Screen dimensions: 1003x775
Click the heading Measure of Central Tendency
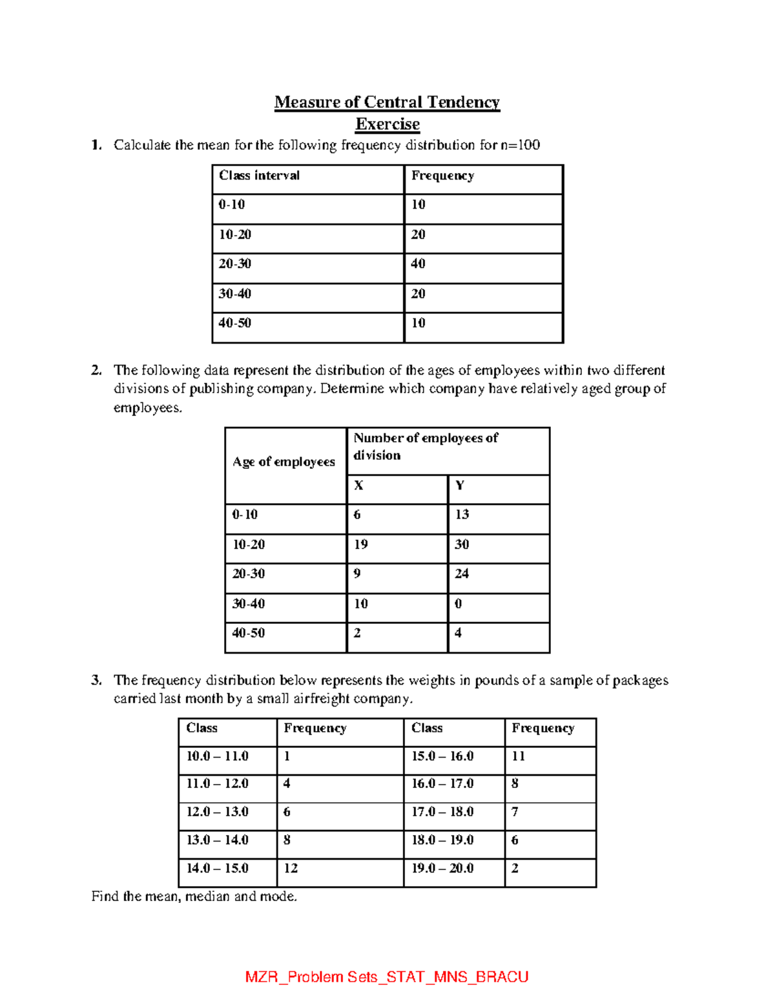387,102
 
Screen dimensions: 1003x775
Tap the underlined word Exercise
387,124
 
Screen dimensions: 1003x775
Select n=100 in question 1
520,145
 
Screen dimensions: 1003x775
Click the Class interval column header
259,176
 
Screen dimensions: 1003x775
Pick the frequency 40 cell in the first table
418,264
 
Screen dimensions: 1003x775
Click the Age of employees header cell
284,462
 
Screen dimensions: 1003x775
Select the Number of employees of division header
426,446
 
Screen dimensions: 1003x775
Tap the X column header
358,485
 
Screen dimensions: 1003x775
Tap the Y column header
460,485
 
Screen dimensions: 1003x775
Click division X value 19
361,544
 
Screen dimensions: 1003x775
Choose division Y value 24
462,574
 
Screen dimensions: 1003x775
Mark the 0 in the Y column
459,604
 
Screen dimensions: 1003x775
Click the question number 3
96,680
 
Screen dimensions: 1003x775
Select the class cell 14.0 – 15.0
217,868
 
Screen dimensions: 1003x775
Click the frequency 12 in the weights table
291,868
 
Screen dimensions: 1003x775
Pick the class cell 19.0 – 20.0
442,868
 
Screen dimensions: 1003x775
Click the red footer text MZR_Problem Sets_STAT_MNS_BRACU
387,977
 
